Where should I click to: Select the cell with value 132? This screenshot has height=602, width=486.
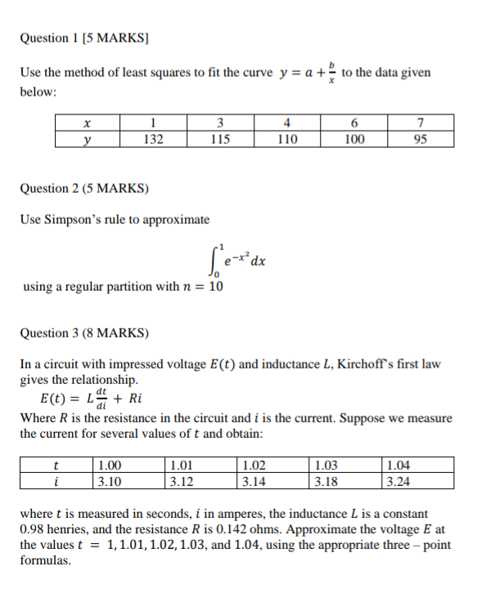pyautogui.click(x=153, y=139)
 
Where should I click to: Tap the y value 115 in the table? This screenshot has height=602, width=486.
pyautogui.click(x=219, y=139)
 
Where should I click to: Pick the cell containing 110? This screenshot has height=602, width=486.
pyautogui.click(x=286, y=139)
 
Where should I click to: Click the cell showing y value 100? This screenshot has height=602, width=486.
pyautogui.click(x=353, y=139)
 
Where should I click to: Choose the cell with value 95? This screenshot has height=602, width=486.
pyautogui.click(x=420, y=139)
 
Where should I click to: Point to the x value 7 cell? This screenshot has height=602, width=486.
pyautogui.click(x=420, y=124)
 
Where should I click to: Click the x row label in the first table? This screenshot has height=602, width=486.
pyautogui.click(x=87, y=124)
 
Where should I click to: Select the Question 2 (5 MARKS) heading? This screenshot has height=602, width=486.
pyautogui.click(x=84, y=189)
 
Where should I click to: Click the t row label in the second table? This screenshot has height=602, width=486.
pyautogui.click(x=55, y=466)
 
